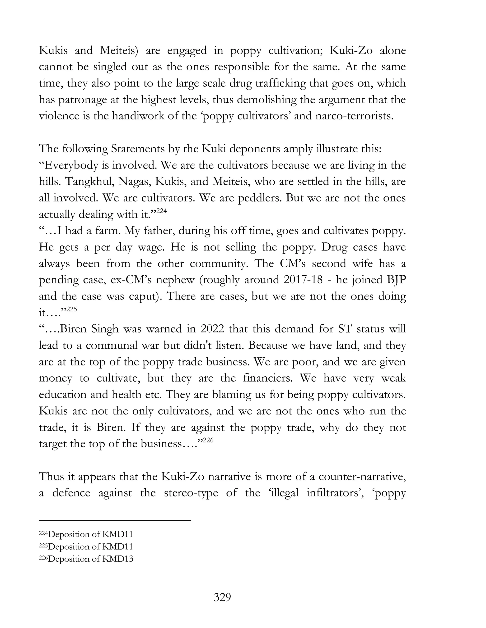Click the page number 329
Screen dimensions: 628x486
point(222,597)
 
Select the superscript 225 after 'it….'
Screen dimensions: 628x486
point(72,309)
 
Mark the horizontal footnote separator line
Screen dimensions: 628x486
point(115,520)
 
